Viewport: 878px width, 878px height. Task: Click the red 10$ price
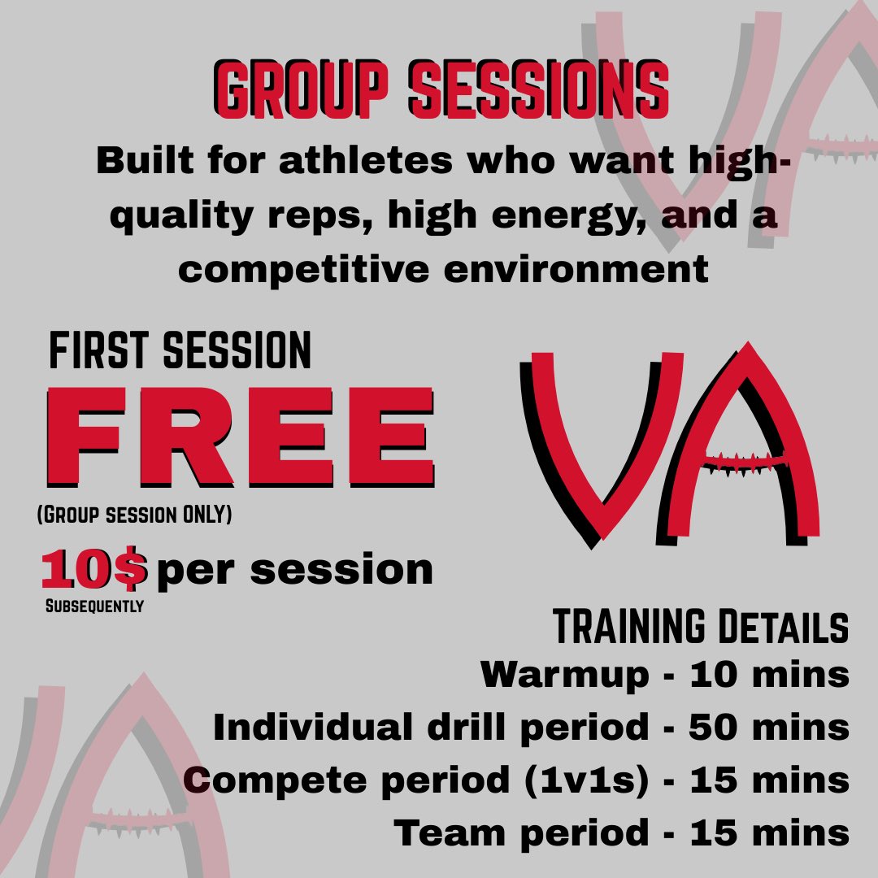coord(94,570)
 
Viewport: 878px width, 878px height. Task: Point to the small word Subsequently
coord(93,606)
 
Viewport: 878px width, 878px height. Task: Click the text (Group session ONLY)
coord(135,515)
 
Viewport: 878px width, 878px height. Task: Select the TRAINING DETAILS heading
coord(701,628)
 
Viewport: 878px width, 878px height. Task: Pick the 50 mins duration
coord(768,728)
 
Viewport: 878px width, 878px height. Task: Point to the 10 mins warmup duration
coord(768,675)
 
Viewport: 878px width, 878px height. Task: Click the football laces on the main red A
coord(744,462)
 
